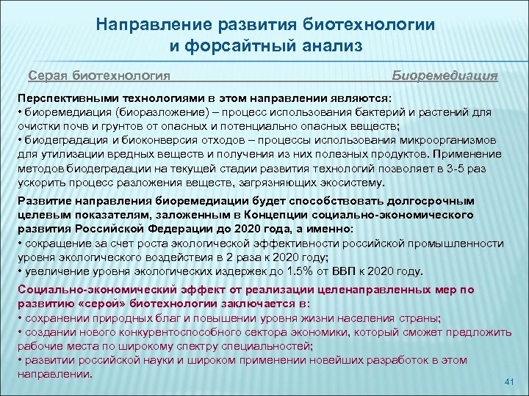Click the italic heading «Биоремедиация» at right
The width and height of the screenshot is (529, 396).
pyautogui.click(x=445, y=76)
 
